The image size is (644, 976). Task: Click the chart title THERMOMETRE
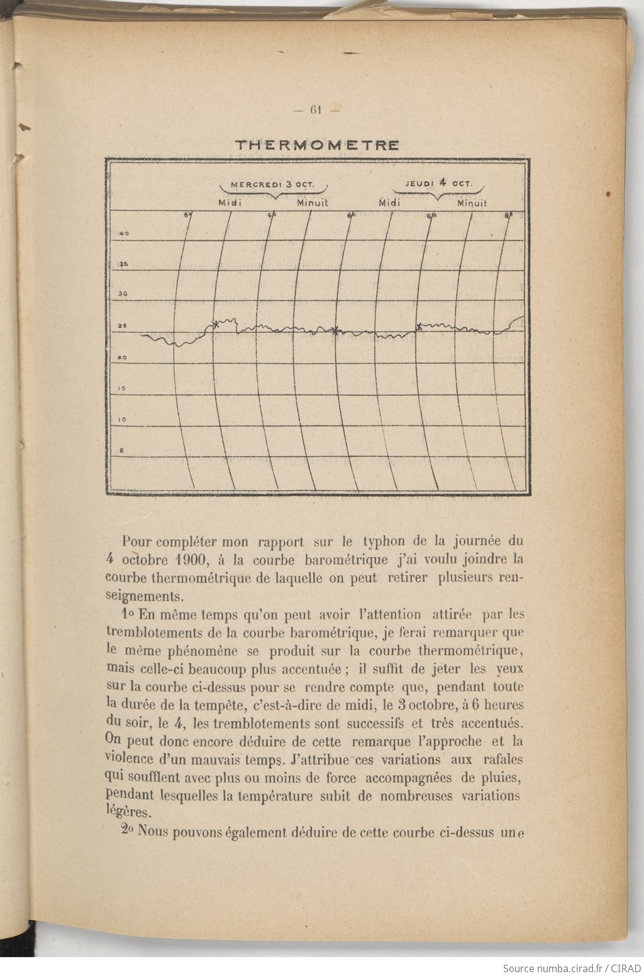(x=317, y=145)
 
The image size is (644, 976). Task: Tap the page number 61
(x=316, y=110)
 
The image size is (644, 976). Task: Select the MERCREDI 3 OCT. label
(x=271, y=185)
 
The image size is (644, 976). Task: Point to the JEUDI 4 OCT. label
(x=438, y=183)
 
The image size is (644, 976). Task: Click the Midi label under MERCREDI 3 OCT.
(x=230, y=203)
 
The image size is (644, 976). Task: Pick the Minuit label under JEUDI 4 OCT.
(x=472, y=203)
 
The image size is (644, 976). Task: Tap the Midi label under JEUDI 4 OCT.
(x=390, y=203)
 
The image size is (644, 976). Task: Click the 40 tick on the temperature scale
(x=124, y=234)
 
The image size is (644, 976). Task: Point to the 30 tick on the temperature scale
(x=124, y=294)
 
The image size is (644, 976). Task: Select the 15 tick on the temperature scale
(x=123, y=388)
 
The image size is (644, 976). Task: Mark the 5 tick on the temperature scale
(x=122, y=450)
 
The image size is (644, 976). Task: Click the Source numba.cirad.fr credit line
(x=572, y=968)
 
